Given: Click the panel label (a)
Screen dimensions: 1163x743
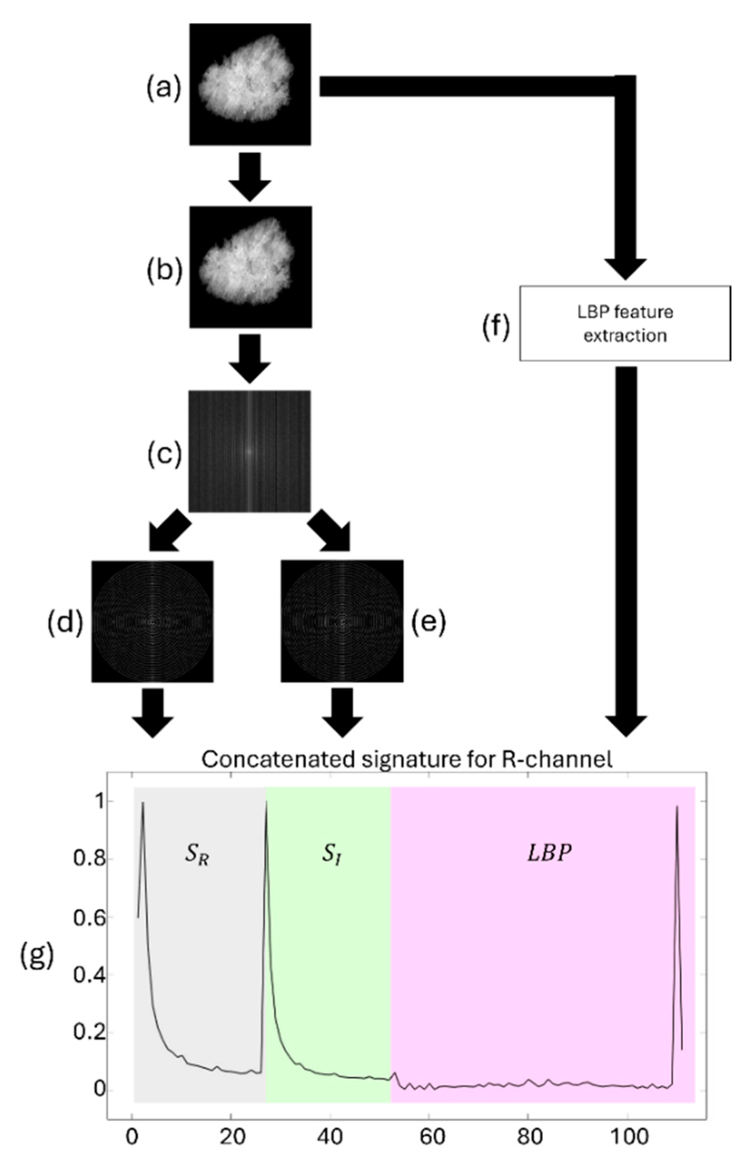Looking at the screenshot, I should (164, 89).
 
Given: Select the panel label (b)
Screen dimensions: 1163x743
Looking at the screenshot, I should (164, 271).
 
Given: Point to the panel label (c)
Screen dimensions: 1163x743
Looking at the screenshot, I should (164, 454).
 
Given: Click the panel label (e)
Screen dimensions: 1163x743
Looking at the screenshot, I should (428, 623).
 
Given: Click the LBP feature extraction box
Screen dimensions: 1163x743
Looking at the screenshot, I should (625, 323).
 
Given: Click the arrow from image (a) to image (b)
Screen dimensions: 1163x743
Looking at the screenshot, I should (250, 176).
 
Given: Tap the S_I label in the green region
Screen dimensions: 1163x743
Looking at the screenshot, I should (332, 855).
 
